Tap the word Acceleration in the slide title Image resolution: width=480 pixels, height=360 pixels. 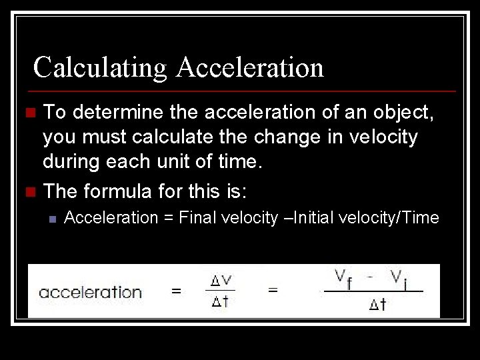[x=251, y=67]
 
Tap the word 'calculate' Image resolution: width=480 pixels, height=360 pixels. [x=171, y=137]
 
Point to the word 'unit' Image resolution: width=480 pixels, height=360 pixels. [x=179, y=161]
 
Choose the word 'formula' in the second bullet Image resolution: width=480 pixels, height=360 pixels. [x=117, y=192]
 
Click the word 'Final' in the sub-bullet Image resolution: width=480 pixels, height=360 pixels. [x=197, y=217]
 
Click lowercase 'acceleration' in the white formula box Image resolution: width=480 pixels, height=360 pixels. [x=90, y=292]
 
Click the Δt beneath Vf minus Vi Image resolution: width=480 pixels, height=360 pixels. [x=377, y=305]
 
